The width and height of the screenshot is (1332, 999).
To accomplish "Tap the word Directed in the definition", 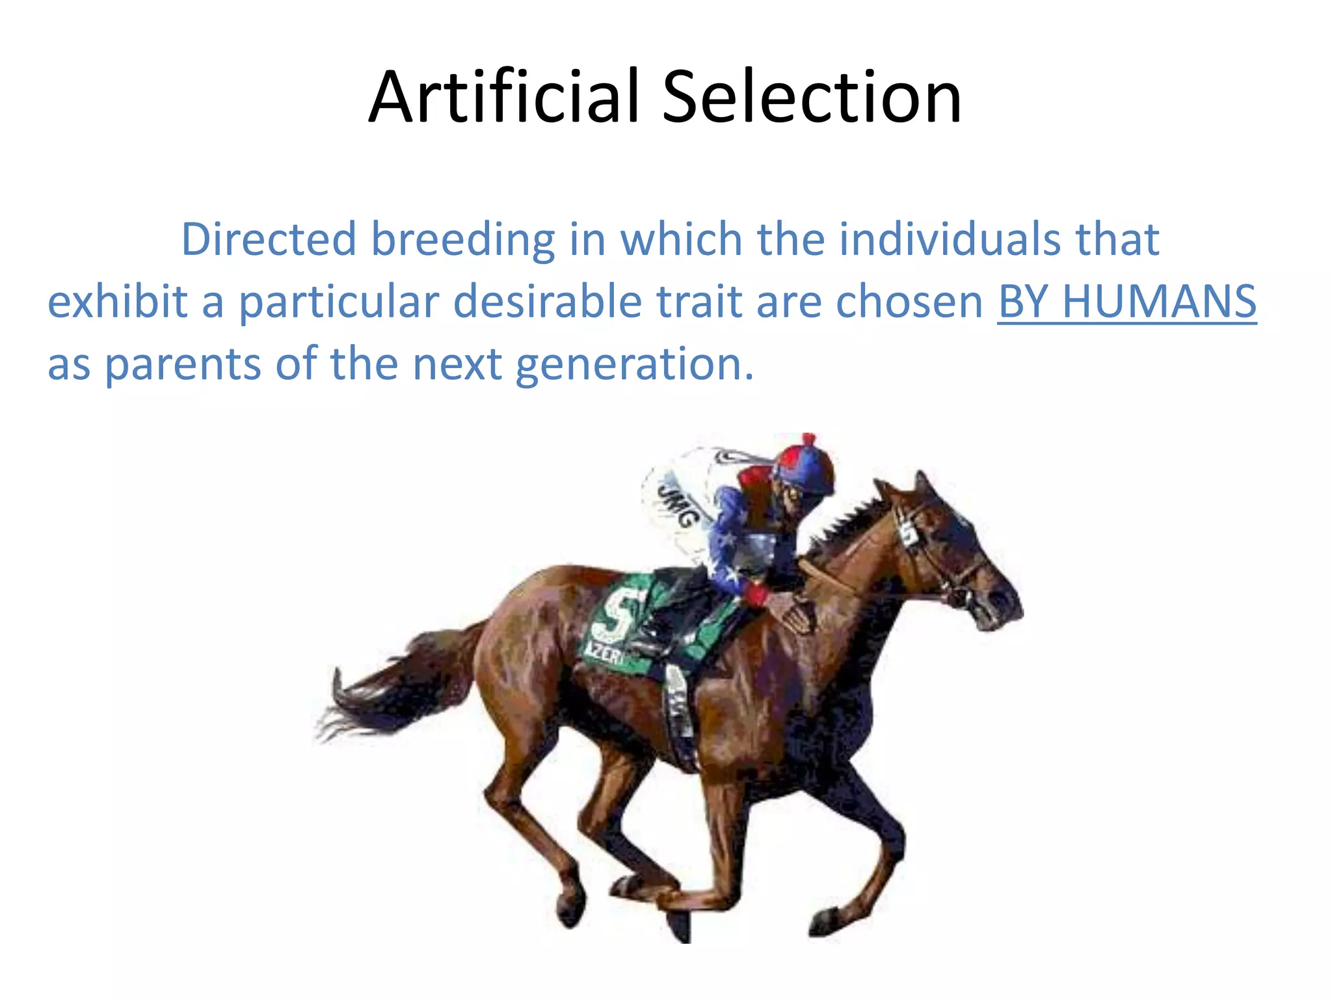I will pos(268,239).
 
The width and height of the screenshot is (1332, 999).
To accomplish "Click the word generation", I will pos(634,364).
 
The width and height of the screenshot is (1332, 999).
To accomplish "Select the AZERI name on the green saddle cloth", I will pos(605,654).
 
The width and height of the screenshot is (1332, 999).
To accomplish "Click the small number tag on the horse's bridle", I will pos(908,533).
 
